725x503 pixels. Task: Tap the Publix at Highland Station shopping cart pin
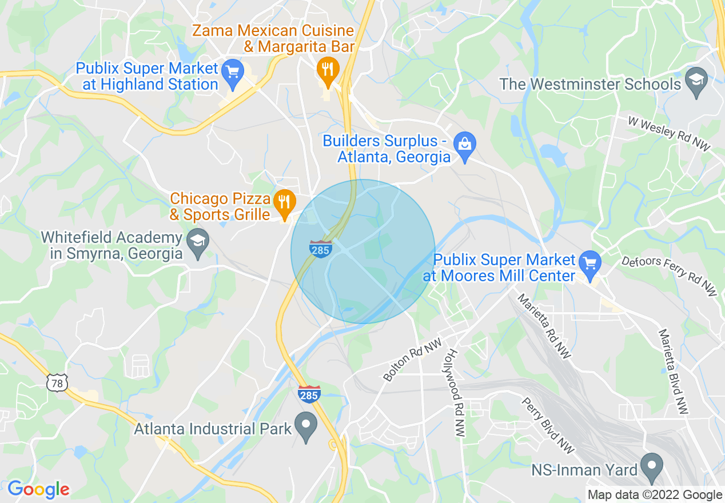(233, 73)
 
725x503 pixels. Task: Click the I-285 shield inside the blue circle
(320, 249)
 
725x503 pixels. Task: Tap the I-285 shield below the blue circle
(309, 394)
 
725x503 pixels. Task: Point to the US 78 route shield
(58, 383)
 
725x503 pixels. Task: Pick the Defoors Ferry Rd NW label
(669, 276)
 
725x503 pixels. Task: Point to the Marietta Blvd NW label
(673, 372)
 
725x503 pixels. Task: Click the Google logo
(38, 489)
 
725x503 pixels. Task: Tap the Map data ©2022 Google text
(655, 495)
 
